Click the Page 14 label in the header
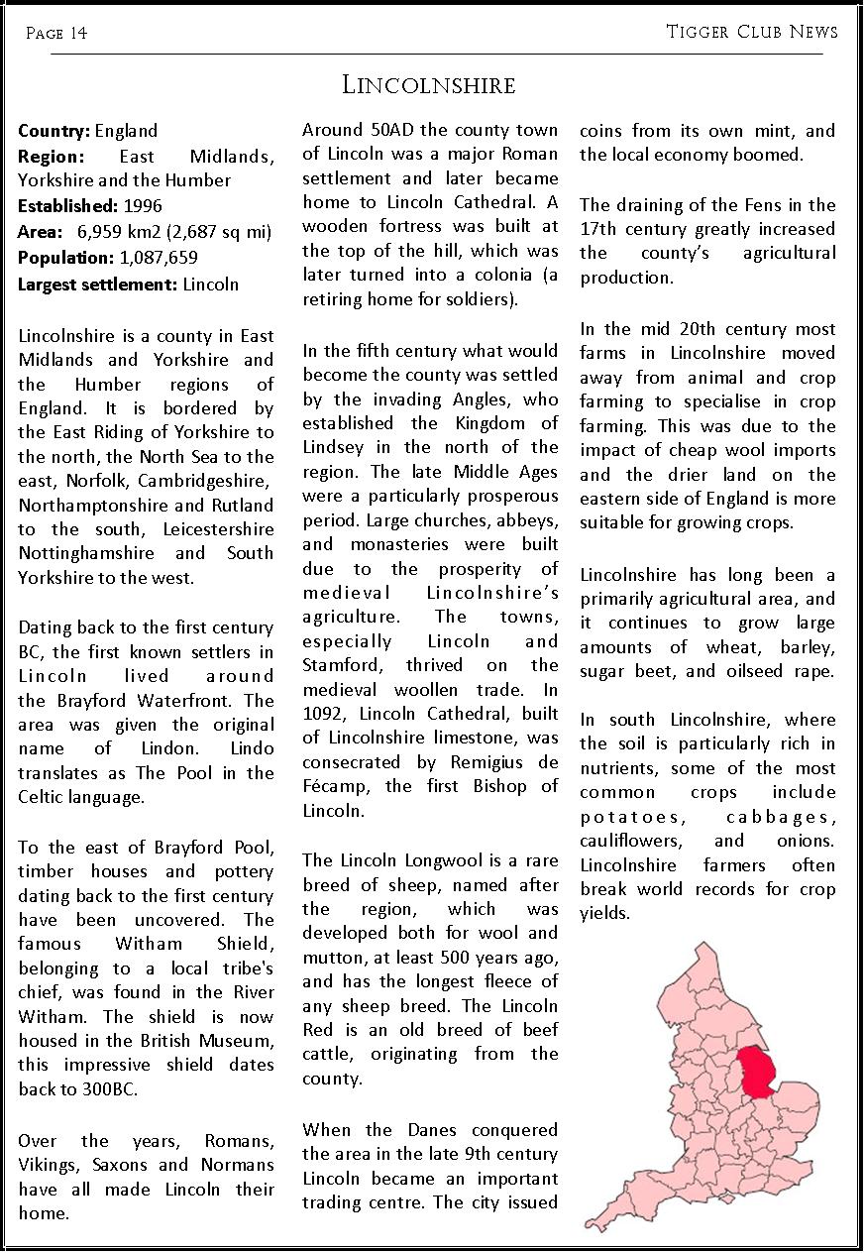[56, 34]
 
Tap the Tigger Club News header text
[752, 32]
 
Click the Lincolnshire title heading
[429, 85]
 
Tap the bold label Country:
[54, 131]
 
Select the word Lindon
[139, 748]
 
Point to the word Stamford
[343, 665]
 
